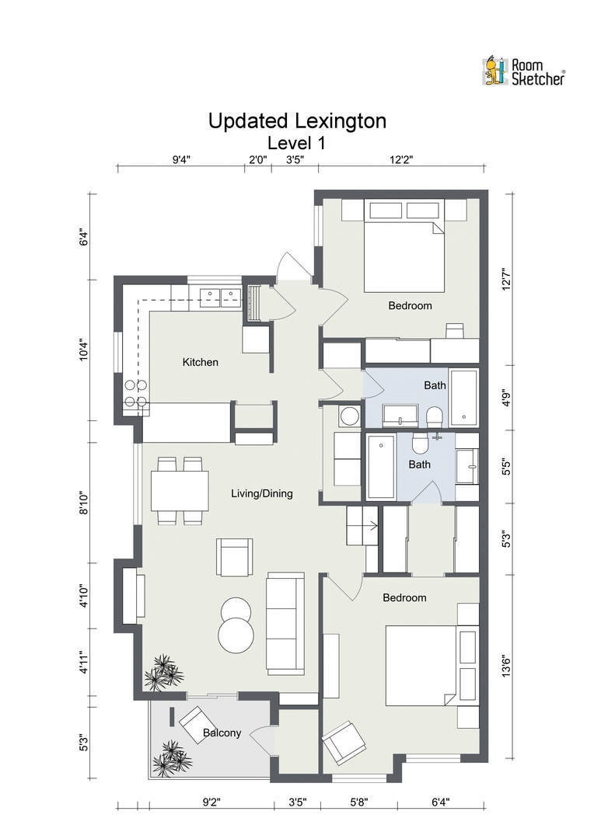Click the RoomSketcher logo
pos(523,71)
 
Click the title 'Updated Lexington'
pos(297,121)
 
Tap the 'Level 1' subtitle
pos(296,144)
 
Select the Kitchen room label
pos(201,362)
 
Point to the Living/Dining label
pos(262,493)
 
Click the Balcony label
pos(222,733)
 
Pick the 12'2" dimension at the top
pos(401,159)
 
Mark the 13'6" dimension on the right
pos(506,666)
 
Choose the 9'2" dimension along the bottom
pos(211,802)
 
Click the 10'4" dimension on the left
pos(83,350)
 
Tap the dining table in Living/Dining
pos(180,491)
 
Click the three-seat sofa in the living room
pos(285,621)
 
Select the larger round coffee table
pos(236,635)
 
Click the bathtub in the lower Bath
pos(382,467)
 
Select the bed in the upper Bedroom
pos(404,245)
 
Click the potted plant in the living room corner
pos(161,672)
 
